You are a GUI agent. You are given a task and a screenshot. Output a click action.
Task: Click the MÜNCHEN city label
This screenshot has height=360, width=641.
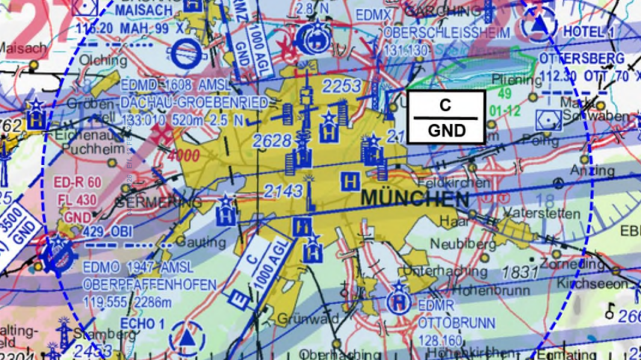415,199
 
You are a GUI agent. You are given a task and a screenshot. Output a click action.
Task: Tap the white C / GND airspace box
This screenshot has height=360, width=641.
446,117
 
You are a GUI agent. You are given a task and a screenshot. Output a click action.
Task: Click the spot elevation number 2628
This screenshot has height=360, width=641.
271,140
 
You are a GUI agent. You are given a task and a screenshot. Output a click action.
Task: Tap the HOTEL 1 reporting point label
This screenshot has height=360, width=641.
589,31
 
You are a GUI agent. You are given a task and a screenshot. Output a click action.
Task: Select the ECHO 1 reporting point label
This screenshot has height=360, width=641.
143,324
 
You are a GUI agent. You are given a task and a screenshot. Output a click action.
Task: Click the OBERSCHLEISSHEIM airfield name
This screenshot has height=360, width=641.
446,34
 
